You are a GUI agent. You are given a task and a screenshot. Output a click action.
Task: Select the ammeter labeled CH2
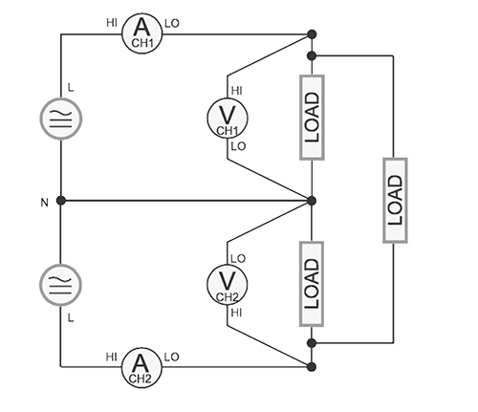coord(141,365)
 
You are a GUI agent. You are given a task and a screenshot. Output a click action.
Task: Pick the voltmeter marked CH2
coord(227,283)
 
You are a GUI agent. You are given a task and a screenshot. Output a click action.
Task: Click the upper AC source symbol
coord(60,118)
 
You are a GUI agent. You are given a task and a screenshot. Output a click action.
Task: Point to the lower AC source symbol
coord(60,283)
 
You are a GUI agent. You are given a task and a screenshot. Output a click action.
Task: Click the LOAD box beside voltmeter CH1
coord(312,117)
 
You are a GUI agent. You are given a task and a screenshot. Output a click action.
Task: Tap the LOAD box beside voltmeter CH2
coord(312,283)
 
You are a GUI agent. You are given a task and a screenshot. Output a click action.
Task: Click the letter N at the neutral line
coord(43,201)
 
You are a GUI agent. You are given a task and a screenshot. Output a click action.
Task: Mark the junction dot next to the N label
coord(60,200)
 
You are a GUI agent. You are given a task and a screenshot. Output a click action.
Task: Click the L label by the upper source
coord(70,88)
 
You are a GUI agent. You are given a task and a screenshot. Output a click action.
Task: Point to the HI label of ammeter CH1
coord(112,22)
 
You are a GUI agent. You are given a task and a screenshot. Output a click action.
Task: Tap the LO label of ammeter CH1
coord(171,22)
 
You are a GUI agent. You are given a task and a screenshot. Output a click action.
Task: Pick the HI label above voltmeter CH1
coord(236,90)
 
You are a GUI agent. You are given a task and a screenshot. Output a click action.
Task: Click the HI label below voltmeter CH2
coord(236,312)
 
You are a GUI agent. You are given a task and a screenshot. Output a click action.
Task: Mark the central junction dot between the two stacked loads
coord(312,200)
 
